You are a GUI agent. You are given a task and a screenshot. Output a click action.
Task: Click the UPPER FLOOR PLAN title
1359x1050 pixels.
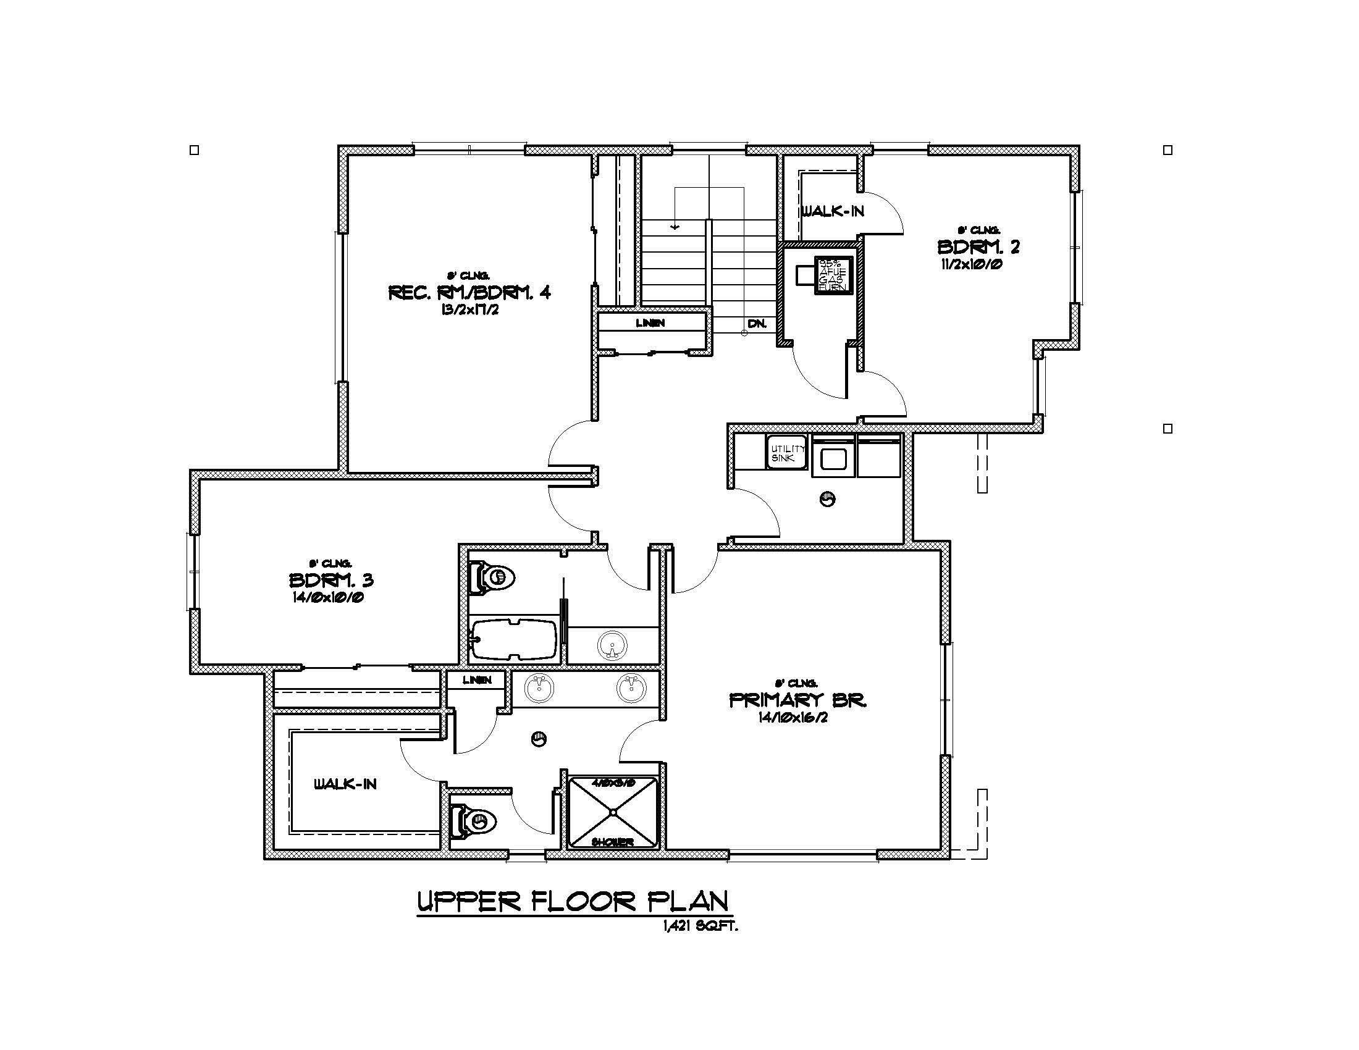click(x=572, y=901)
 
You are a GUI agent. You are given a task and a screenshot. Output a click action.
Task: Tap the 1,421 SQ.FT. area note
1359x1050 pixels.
click(x=700, y=926)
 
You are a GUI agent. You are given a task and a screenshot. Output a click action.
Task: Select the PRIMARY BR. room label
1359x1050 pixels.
click(x=797, y=700)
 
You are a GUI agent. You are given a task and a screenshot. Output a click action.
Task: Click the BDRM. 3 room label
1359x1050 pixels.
click(x=331, y=581)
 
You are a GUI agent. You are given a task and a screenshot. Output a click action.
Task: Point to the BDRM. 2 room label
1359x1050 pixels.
click(x=978, y=247)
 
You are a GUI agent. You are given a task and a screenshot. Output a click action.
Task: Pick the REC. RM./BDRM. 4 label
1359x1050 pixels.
click(x=469, y=292)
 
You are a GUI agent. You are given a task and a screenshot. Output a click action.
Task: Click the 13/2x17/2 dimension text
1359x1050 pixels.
click(x=469, y=310)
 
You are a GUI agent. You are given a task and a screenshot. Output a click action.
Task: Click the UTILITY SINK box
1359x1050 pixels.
click(x=786, y=453)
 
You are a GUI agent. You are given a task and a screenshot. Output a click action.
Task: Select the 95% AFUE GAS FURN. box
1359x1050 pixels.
click(x=832, y=275)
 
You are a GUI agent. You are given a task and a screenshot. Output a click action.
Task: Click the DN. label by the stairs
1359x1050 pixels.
click(x=757, y=324)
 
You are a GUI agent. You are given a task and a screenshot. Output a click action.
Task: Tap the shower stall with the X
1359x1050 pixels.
click(x=613, y=812)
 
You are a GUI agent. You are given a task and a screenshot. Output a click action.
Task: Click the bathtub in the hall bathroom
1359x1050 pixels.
click(x=514, y=640)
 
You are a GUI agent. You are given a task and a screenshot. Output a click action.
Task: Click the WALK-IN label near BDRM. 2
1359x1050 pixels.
click(x=832, y=211)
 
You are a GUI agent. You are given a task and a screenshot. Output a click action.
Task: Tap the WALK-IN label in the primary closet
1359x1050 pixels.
click(x=345, y=784)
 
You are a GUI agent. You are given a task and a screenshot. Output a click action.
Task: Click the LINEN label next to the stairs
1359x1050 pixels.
click(x=650, y=323)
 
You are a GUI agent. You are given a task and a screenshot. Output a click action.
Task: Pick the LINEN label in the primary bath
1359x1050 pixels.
click(x=478, y=680)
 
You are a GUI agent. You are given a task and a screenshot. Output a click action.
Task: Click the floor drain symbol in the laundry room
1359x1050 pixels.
click(x=828, y=498)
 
